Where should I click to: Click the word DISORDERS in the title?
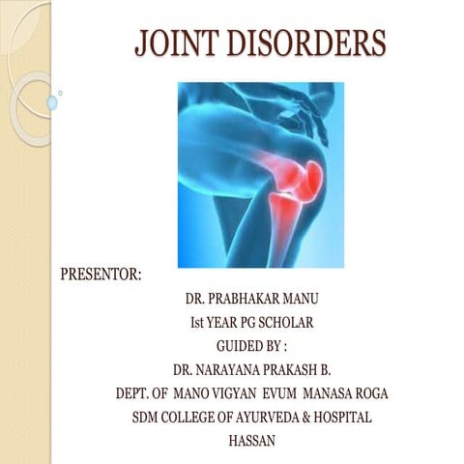click(x=309, y=43)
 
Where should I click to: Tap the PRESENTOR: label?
click(x=101, y=275)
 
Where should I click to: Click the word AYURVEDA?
click(x=265, y=418)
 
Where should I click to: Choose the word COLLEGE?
click(x=189, y=418)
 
